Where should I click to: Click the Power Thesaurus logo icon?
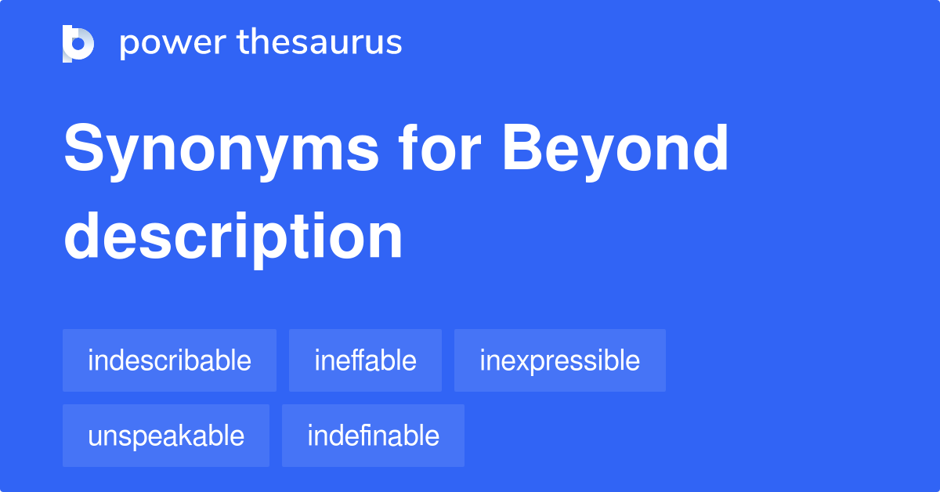point(78,43)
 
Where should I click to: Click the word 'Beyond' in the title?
point(616,151)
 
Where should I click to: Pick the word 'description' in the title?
point(233,237)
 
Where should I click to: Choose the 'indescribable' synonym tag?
point(169,360)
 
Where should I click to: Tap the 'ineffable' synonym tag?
point(365,360)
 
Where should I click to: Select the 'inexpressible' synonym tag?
point(559,360)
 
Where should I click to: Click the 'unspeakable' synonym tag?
point(166,436)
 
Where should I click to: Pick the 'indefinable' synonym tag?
point(373,436)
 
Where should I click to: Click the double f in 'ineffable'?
point(361,360)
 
